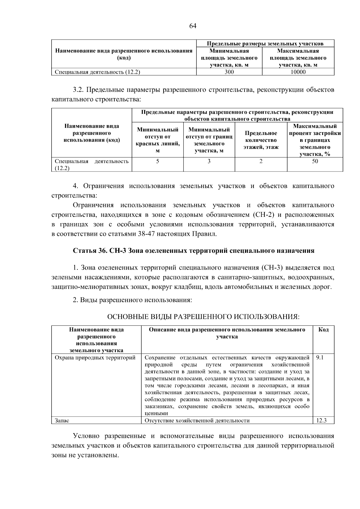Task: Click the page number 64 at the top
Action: pyautogui.click(x=193, y=26)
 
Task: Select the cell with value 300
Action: pyautogui.click(x=229, y=72)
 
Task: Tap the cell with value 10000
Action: pyautogui.click(x=298, y=72)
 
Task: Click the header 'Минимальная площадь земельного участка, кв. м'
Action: pyautogui.click(x=229, y=58)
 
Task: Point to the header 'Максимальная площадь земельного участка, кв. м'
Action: pyautogui.click(x=298, y=58)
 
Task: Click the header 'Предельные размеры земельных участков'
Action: pyautogui.click(x=265, y=43)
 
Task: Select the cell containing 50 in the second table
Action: pyautogui.click(x=315, y=161)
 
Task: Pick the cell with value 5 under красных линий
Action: pyautogui.click(x=157, y=161)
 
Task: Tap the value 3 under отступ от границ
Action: pyautogui.click(x=209, y=161)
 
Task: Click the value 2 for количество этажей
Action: pyautogui.click(x=261, y=161)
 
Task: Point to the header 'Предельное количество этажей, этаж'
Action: pyautogui.click(x=261, y=140)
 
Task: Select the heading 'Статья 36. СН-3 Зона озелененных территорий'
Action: pyautogui.click(x=193, y=251)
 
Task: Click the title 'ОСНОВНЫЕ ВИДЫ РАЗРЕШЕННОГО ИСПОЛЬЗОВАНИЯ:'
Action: pyautogui.click(x=203, y=317)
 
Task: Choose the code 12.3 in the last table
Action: pyautogui.click(x=321, y=421)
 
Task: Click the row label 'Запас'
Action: pyautogui.click(x=62, y=421)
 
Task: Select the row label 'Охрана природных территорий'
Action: pyautogui.click(x=95, y=358)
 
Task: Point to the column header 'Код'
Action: pyautogui.click(x=323, y=330)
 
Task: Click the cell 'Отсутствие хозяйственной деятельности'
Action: pyautogui.click(x=197, y=421)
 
